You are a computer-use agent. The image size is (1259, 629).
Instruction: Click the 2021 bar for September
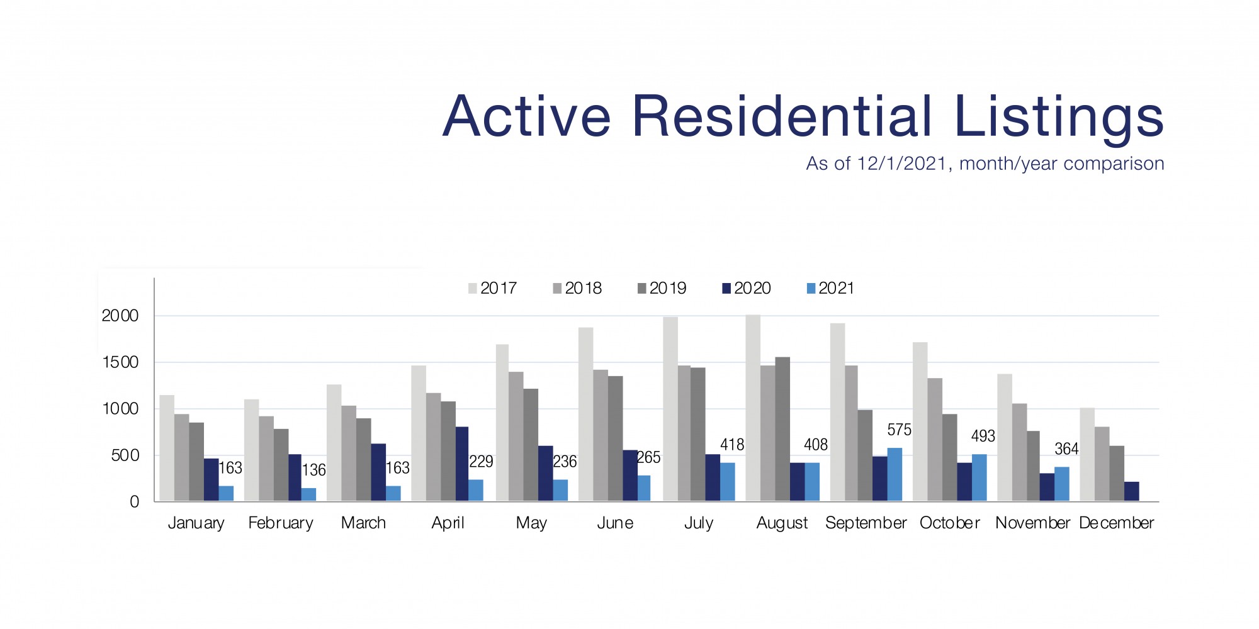[895, 475]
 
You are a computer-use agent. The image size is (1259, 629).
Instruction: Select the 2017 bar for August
[753, 409]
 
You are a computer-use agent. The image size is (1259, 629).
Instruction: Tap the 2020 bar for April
[462, 464]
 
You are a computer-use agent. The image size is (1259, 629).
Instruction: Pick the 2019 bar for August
[782, 430]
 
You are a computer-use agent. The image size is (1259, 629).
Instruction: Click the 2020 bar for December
[1131, 492]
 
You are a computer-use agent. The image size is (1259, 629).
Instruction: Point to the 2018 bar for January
[181, 458]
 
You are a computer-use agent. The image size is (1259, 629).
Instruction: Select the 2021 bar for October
[979, 478]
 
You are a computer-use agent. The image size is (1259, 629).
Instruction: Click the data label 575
[899, 430]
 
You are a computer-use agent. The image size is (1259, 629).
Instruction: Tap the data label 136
[313, 470]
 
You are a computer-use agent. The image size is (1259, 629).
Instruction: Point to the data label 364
[1066, 449]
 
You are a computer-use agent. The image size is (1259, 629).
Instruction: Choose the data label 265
[648, 458]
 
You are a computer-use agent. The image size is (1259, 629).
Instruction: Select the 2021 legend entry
[830, 289]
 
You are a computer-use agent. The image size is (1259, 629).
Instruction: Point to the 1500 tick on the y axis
[120, 363]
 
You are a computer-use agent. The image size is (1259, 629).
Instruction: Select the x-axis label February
[280, 523]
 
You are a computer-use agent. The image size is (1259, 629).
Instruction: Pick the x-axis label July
[699, 523]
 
